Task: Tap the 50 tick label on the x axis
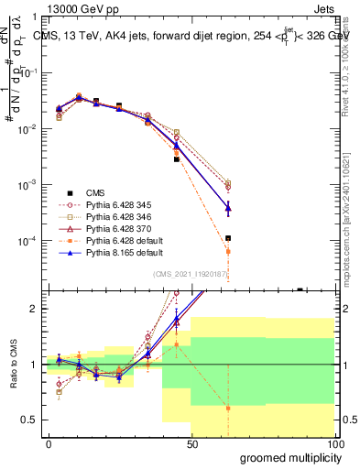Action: (x=192, y=443)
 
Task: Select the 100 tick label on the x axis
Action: (x=334, y=443)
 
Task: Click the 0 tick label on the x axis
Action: (x=49, y=443)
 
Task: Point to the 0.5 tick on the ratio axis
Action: (x=29, y=420)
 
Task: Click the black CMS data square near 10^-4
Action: (x=228, y=238)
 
